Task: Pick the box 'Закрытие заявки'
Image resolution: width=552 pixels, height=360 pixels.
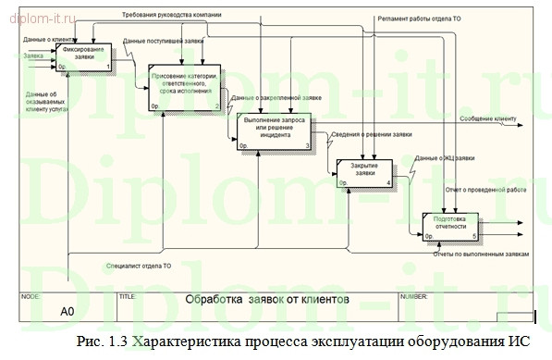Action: (364, 171)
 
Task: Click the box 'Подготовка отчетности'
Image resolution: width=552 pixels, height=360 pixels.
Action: (451, 225)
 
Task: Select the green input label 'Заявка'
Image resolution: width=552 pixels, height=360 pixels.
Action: (33, 56)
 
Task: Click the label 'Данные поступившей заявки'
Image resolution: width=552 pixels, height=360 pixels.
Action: (163, 42)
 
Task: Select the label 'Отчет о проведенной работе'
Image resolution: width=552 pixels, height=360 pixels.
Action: (486, 189)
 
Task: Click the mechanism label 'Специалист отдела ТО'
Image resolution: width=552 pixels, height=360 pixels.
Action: (139, 267)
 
